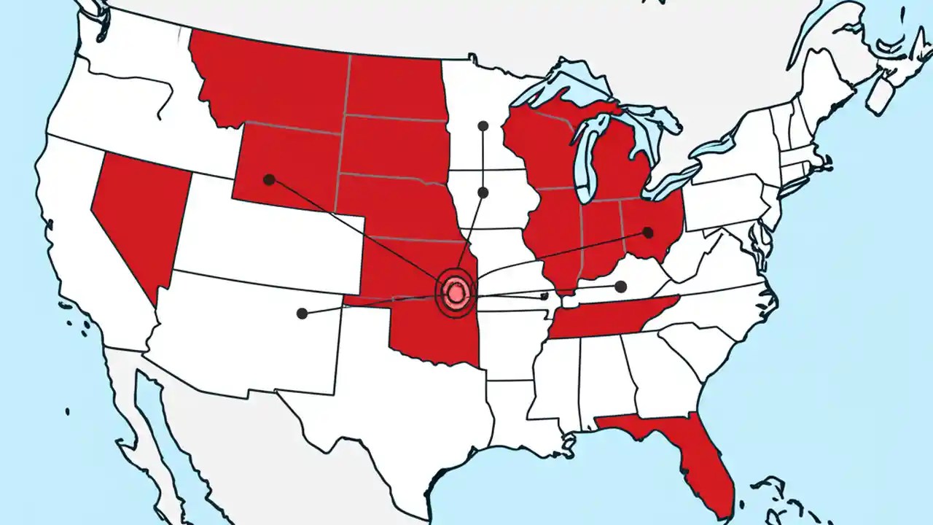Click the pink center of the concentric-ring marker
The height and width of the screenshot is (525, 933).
coord(456,293)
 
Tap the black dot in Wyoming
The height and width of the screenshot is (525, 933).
coord(269,179)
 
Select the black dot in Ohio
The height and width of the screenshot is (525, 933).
coord(647,233)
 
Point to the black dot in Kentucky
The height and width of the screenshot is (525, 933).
coord(620,287)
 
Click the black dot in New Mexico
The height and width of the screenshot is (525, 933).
coord(302,314)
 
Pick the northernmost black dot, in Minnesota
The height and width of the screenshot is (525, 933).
coord(483,126)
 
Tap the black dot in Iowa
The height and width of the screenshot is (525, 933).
coord(483,192)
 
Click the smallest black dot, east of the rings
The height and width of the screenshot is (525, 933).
coord(544,297)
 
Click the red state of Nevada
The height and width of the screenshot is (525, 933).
coord(138,211)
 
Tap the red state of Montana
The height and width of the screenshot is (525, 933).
coord(270,80)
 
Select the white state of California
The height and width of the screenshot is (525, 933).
coord(80,241)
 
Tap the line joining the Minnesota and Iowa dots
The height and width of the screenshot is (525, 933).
coord(483,159)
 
